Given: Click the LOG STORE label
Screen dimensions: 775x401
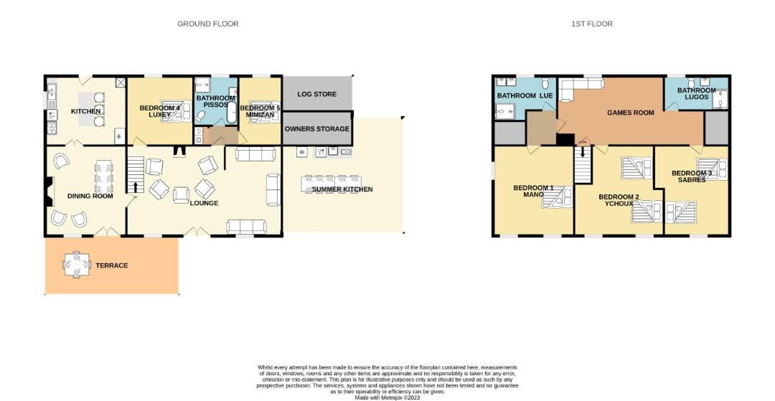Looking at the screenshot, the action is (x=317, y=94).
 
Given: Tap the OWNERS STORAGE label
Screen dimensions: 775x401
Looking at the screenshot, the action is (x=317, y=129).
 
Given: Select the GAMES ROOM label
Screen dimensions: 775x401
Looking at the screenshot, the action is (x=631, y=113).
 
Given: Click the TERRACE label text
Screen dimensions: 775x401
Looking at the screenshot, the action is (x=112, y=265).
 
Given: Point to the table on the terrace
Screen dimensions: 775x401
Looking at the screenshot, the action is (x=77, y=265).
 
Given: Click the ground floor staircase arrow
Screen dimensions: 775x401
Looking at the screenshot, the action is (x=136, y=187).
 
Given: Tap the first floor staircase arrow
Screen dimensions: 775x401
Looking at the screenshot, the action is (x=583, y=152).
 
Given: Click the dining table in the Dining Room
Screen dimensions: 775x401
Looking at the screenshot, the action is (x=103, y=176).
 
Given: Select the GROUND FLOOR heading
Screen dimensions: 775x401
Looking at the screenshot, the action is (x=208, y=24).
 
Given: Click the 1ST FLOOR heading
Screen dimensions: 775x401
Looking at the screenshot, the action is (x=592, y=24).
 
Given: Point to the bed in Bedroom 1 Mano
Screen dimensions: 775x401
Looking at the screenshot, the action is (x=557, y=199).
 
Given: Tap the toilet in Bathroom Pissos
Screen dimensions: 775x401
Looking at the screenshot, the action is (x=201, y=116).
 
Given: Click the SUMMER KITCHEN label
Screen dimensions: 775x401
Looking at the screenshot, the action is (x=342, y=189).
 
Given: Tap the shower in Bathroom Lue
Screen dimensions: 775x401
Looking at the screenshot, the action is (x=504, y=112).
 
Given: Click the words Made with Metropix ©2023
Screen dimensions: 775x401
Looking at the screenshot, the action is (x=387, y=397).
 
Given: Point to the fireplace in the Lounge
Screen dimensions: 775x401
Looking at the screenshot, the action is (x=179, y=151).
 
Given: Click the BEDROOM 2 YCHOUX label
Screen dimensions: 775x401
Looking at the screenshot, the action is (x=619, y=200).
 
